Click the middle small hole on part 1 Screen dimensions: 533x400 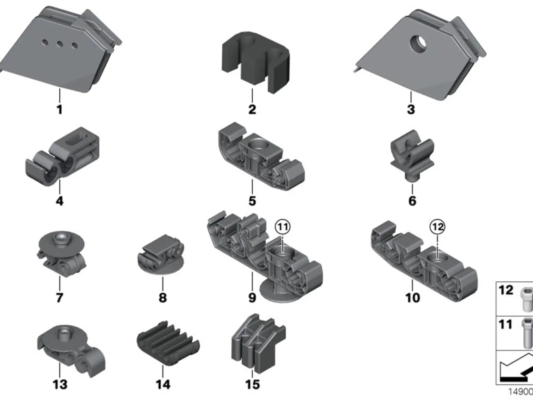(59, 44)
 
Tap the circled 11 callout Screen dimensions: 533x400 (283, 227)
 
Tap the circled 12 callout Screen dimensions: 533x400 (437, 227)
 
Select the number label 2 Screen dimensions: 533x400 (252, 109)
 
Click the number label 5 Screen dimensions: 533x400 (252, 201)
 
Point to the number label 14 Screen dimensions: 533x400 (163, 384)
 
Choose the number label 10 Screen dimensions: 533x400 (413, 297)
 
